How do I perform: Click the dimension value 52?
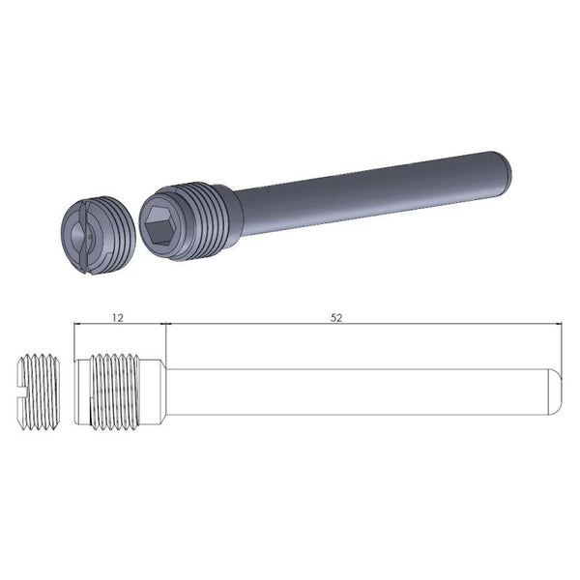(x=335, y=315)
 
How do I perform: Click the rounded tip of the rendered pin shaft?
(x=507, y=170)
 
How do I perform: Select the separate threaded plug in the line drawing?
(x=39, y=391)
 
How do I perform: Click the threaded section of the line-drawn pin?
(x=121, y=391)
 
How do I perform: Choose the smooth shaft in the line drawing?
(x=358, y=391)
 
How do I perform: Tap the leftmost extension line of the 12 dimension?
(x=74, y=338)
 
